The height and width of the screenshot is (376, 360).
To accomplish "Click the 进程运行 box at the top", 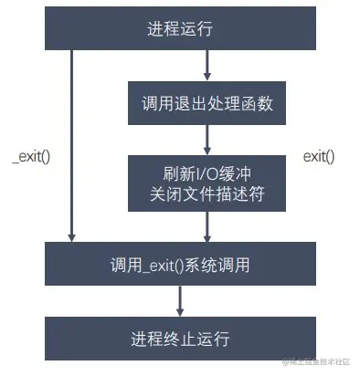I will [179, 28].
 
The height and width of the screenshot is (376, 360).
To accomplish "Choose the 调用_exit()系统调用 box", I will [179, 265].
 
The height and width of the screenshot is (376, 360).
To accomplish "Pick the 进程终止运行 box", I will [179, 339].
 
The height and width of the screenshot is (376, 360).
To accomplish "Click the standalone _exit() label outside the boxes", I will [31, 156].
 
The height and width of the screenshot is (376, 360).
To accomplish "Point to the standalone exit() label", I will [319, 156].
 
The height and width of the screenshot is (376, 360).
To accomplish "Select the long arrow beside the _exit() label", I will [71, 146].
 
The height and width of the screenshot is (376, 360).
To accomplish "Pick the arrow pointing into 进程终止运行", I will [180, 301].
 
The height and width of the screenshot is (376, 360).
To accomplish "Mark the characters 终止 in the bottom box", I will [179, 339].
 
